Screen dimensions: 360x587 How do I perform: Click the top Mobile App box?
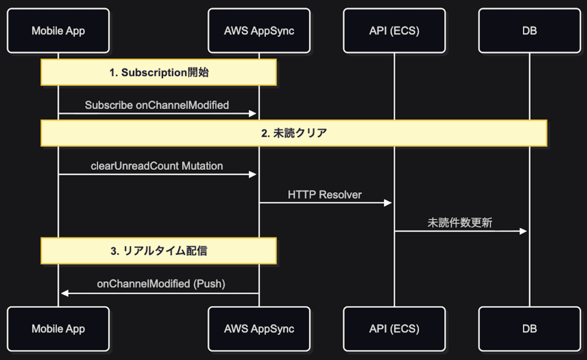[58, 30]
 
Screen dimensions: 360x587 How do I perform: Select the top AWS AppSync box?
[259, 30]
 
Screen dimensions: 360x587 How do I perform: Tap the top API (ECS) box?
[394, 30]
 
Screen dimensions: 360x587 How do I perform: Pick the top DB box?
[529, 30]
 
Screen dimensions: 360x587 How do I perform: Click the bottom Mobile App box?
[58, 329]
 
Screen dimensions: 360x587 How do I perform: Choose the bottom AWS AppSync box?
[259, 329]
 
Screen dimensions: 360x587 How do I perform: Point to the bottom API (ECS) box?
[394, 329]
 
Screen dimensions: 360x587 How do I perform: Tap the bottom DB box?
[529, 329]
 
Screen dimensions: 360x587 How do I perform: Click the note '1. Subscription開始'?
[158, 72]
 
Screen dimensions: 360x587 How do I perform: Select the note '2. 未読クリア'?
[293, 133]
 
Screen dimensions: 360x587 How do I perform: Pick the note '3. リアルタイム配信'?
[158, 251]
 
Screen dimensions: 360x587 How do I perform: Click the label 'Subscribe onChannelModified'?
[157, 105]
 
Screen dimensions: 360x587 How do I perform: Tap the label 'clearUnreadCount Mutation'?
[157, 166]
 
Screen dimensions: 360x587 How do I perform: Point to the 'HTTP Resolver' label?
[325, 195]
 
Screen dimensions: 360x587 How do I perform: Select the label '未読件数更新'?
[460, 223]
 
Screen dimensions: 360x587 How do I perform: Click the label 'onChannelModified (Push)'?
[161, 284]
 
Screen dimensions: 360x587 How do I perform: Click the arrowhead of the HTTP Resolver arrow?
[388, 202]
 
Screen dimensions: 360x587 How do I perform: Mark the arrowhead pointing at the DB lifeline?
[523, 231]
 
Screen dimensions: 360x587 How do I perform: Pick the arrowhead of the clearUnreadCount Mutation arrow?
[253, 174]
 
